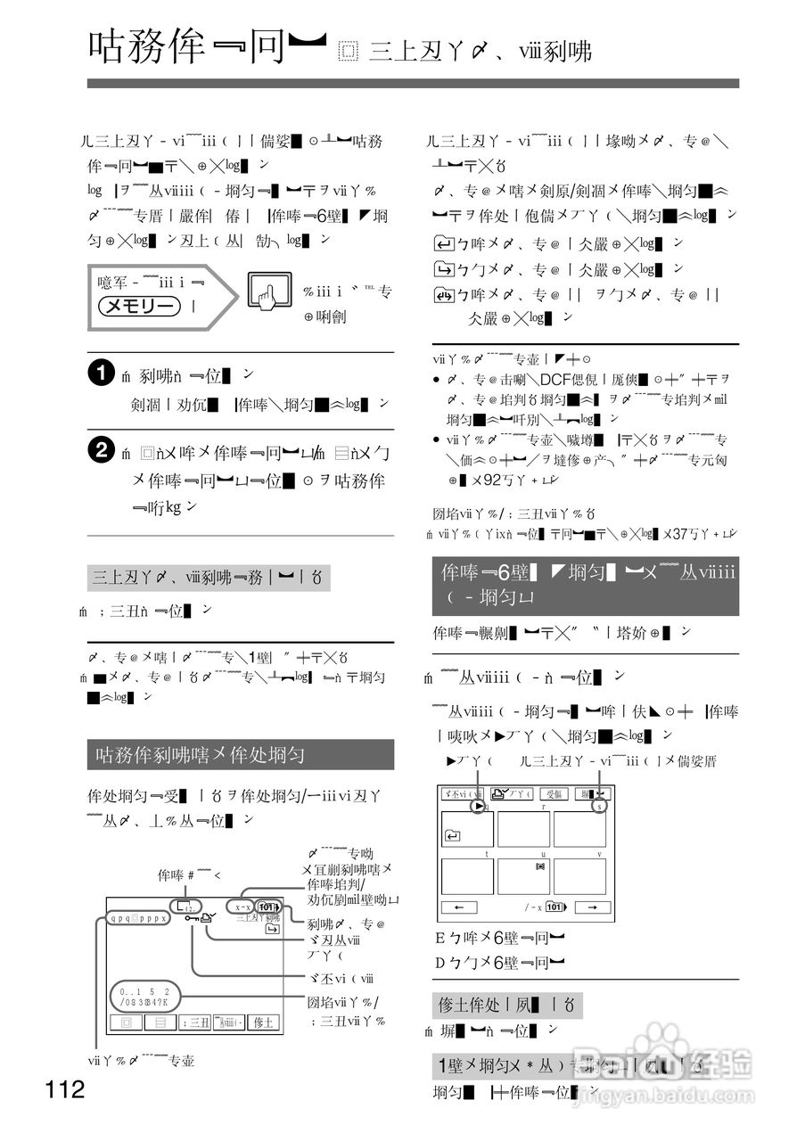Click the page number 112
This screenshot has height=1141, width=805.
click(x=66, y=1088)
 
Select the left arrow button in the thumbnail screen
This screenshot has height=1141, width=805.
click(x=460, y=907)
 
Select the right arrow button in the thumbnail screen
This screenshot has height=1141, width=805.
click(x=591, y=907)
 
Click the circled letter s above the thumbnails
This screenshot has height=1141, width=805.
click(x=600, y=806)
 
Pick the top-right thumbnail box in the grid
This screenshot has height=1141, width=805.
click(x=579, y=829)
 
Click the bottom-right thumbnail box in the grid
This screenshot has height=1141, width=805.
click(x=579, y=876)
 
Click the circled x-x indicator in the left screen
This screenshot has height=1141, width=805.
click(x=242, y=907)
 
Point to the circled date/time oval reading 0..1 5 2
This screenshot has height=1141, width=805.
click(x=145, y=996)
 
